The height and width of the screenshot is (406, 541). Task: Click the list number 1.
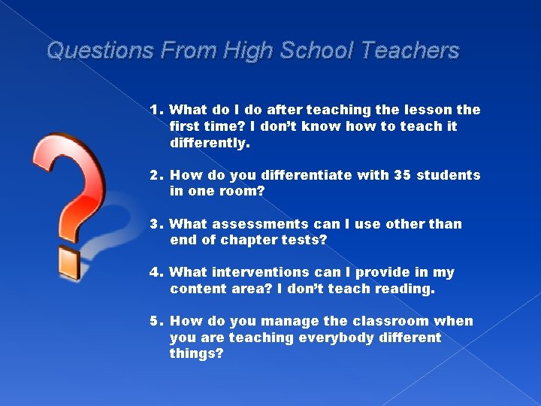[x=156, y=110]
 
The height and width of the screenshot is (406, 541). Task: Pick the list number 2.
[x=156, y=175]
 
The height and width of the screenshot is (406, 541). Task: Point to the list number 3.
[x=156, y=224]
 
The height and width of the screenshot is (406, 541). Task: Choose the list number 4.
[x=156, y=272]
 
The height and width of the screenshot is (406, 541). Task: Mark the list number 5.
[x=156, y=321]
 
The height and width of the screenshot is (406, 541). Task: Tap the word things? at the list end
[x=196, y=354]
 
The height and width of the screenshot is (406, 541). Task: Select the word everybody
[x=335, y=338]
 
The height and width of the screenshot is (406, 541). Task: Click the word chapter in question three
[x=249, y=241]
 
